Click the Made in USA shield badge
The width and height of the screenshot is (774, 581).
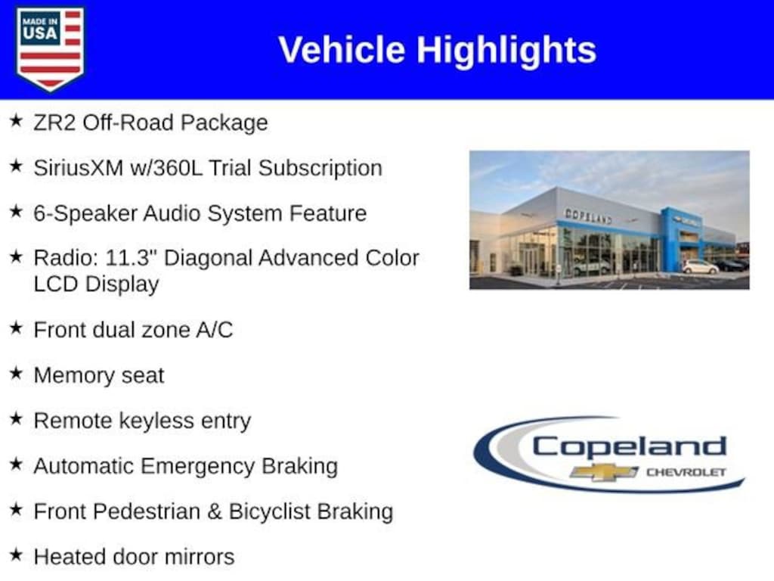point(50,48)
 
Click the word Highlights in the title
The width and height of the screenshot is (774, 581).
point(506,51)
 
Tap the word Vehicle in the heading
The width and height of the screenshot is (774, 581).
point(342,50)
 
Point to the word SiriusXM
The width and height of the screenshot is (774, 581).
point(79,168)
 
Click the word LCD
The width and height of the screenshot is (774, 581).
point(56,284)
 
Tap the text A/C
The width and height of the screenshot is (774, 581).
point(214,330)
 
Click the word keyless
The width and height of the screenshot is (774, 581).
point(156,421)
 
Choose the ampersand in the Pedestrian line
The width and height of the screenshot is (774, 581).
point(214,512)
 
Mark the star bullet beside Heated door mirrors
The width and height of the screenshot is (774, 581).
point(17,555)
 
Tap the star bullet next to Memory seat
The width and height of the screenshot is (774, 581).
point(17,373)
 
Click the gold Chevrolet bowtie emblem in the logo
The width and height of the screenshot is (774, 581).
point(604,472)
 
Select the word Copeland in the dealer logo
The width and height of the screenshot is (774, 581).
point(629,448)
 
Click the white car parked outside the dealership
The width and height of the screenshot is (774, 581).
point(701,267)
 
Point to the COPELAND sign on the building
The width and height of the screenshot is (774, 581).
point(588,216)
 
